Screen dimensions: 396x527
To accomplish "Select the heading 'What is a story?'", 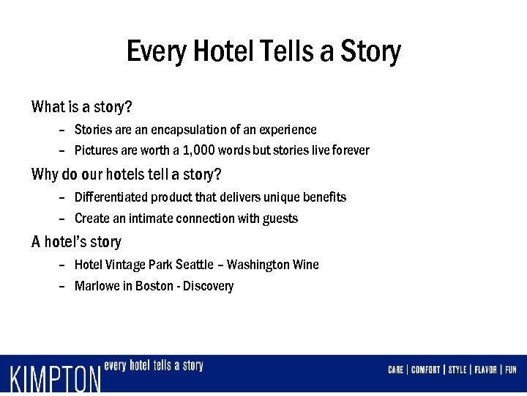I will [x=82, y=107].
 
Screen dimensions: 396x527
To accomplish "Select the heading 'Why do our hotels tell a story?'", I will [x=126, y=175].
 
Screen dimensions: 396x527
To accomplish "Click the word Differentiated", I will [x=111, y=197].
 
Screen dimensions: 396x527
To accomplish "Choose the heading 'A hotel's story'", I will [x=76, y=242].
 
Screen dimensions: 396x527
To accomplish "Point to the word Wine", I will [x=305, y=265].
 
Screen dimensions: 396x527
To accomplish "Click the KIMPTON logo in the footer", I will [x=56, y=378].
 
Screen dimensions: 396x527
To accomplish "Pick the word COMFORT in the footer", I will [x=425, y=370].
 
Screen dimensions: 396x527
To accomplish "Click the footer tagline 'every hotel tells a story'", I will [x=154, y=365].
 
